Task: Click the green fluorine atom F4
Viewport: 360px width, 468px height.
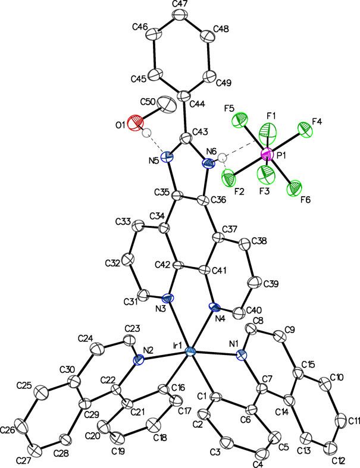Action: (x=305, y=129)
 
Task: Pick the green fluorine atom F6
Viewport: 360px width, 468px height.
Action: (x=295, y=189)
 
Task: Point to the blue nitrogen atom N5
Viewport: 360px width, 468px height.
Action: (x=167, y=157)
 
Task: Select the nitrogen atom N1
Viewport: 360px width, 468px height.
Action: (x=242, y=355)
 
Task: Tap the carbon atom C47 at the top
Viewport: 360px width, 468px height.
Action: (x=180, y=15)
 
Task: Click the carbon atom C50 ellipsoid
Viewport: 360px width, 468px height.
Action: (x=167, y=105)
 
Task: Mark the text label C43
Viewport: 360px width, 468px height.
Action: (x=201, y=132)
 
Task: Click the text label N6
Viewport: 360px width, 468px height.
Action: (x=211, y=151)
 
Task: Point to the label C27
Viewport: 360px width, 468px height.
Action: (x=24, y=460)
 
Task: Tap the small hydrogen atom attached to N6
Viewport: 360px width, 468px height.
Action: (x=222, y=158)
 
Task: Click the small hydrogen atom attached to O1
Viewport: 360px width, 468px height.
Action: (x=146, y=133)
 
